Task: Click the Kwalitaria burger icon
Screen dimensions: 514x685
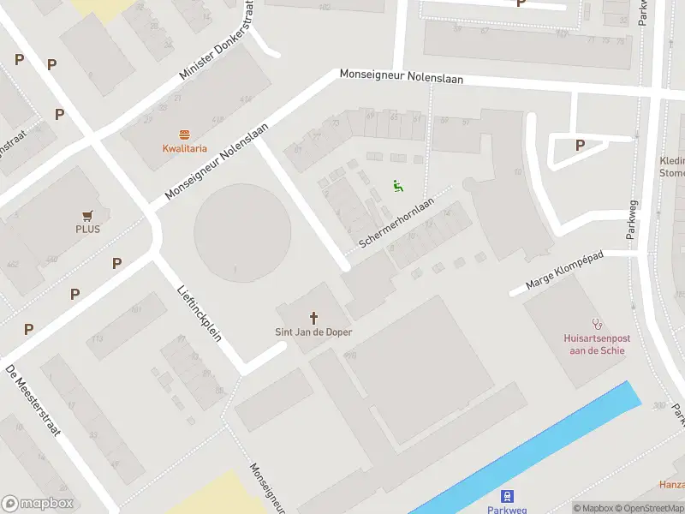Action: tap(185, 134)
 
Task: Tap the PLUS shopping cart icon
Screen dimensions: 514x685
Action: tap(87, 216)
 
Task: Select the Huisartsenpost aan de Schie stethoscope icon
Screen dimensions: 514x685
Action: tap(597, 326)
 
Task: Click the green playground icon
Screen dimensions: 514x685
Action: tap(397, 186)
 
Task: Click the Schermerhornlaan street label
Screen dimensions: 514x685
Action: tap(396, 224)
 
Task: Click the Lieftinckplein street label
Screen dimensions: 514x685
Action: tap(199, 313)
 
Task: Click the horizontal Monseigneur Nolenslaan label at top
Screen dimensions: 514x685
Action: tap(401, 76)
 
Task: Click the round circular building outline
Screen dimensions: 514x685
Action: tap(242, 231)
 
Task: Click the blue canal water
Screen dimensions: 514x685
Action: tap(548, 445)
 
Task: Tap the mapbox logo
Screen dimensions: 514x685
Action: tap(36, 504)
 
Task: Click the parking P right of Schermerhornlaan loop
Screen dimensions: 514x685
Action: tap(580, 146)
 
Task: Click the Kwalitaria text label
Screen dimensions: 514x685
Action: tap(185, 148)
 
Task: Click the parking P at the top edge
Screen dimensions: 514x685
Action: tap(521, 3)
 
